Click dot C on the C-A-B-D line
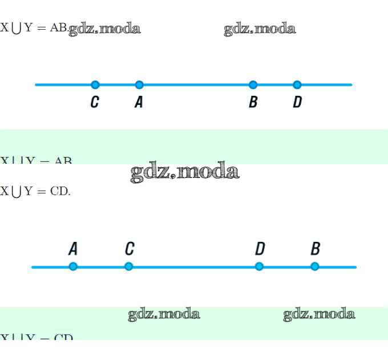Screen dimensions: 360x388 click(95, 85)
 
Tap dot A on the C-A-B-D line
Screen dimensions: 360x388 click(139, 85)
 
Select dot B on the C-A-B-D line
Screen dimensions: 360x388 click(253, 85)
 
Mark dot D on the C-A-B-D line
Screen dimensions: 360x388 click(297, 85)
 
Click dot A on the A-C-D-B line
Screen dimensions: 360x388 click(73, 266)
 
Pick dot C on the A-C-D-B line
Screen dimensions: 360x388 click(128, 266)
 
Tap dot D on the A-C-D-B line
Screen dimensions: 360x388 click(259, 266)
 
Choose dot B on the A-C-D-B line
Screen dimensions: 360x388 click(314, 266)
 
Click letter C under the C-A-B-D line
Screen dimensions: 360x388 click(95, 103)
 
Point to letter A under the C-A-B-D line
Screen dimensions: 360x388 click(139, 103)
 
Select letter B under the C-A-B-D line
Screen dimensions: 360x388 click(253, 103)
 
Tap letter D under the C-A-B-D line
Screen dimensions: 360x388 click(297, 103)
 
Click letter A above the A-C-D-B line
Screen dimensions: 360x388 click(73, 249)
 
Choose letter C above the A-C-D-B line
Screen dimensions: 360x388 click(130, 249)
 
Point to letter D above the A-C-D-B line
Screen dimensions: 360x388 click(260, 249)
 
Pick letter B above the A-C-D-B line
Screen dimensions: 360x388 click(315, 249)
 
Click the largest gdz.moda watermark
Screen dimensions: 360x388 click(184, 171)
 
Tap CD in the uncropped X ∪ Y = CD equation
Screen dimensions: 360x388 click(59, 191)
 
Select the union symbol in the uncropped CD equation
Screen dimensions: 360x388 click(17, 192)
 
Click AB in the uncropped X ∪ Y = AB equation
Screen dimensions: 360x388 click(58, 27)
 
